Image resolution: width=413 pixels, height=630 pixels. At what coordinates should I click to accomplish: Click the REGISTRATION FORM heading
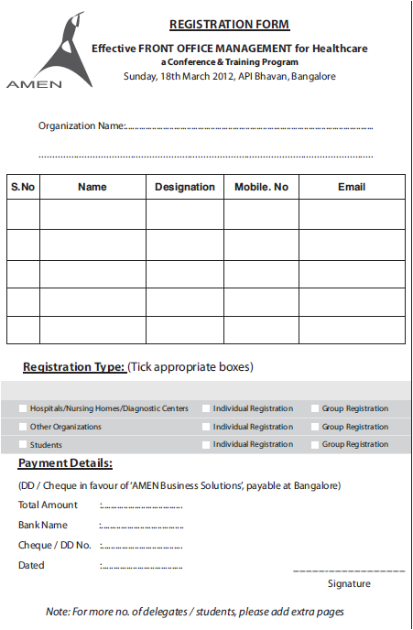229,25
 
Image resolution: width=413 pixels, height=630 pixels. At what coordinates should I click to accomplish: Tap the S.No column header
23,187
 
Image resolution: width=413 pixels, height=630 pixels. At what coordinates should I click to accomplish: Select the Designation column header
184,187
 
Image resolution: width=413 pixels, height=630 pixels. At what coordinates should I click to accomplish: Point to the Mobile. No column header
261,187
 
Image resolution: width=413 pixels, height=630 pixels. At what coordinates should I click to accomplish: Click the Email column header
352,187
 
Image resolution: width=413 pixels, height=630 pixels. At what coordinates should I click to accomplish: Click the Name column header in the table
92,187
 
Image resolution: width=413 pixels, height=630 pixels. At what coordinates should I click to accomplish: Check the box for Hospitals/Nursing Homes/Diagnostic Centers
22,408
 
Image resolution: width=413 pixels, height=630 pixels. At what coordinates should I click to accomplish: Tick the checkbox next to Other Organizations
22,427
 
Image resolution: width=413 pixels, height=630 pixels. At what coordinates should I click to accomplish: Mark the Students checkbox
22,445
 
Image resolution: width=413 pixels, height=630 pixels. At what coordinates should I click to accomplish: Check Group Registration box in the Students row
314,445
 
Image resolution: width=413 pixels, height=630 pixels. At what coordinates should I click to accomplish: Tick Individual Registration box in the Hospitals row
206,408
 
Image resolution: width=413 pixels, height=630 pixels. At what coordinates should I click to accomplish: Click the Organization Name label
81,125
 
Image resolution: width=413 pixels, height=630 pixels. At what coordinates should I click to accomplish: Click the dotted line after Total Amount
142,505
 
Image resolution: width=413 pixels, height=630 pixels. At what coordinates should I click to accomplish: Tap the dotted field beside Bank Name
142,526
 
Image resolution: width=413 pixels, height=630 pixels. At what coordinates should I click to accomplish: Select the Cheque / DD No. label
55,546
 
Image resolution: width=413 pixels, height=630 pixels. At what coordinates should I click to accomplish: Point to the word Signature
349,583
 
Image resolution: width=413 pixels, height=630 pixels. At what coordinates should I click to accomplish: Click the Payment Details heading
65,463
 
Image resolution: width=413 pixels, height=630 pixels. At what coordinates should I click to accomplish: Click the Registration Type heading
74,367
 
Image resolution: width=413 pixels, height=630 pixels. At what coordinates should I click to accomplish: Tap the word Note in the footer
57,611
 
